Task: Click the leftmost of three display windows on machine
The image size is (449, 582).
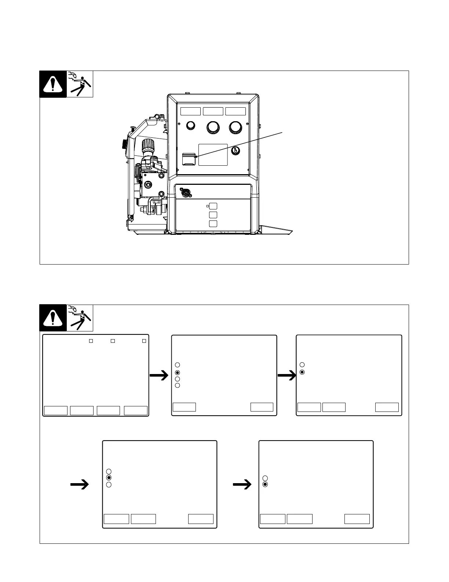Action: [x=190, y=111]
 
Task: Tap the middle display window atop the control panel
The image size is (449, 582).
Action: [x=213, y=111]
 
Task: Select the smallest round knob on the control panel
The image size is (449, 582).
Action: [x=190, y=126]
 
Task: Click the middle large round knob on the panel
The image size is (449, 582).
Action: [x=213, y=127]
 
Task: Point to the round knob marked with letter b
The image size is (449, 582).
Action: [x=236, y=151]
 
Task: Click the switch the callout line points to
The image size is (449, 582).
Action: [x=188, y=159]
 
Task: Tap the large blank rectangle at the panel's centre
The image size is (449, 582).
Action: [x=213, y=155]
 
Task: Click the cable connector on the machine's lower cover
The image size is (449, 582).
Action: [x=186, y=192]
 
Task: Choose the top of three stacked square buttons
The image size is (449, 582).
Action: [x=213, y=206]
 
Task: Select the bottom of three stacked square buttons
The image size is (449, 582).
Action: [x=213, y=224]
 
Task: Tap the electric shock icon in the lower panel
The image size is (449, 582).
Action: [x=80, y=318]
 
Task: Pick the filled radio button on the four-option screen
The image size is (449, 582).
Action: [x=178, y=372]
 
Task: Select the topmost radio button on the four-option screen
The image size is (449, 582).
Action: [x=178, y=365]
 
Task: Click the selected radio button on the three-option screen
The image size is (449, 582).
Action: [x=109, y=478]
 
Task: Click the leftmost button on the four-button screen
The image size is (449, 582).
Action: [x=56, y=410]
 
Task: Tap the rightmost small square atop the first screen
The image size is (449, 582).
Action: [x=144, y=341]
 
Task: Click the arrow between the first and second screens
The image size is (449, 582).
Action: [x=159, y=376]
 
